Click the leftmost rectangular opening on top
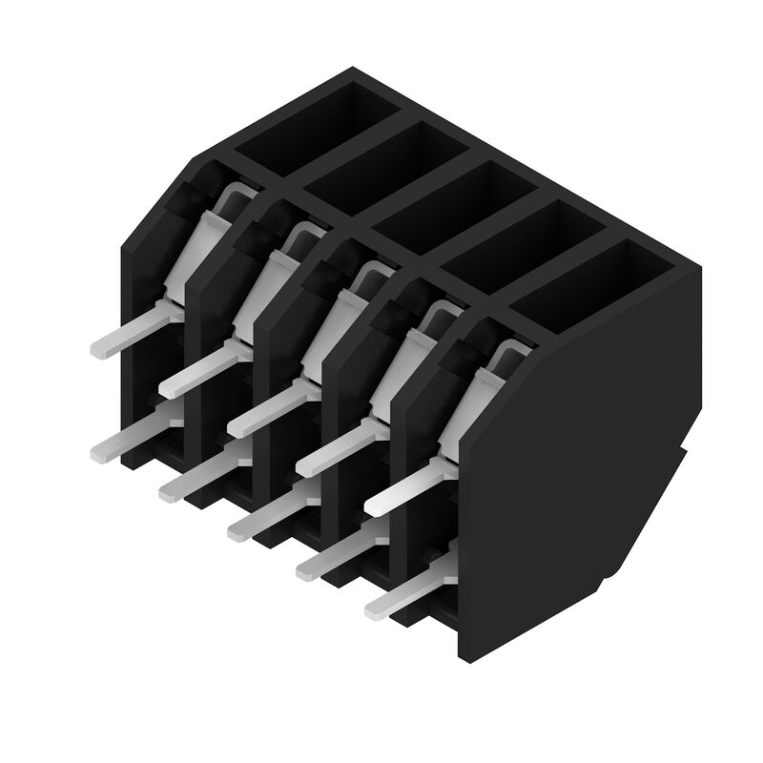[x=317, y=121]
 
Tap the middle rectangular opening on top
[x=451, y=201]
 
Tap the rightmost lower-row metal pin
[x=401, y=596]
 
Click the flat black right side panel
[x=572, y=477]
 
